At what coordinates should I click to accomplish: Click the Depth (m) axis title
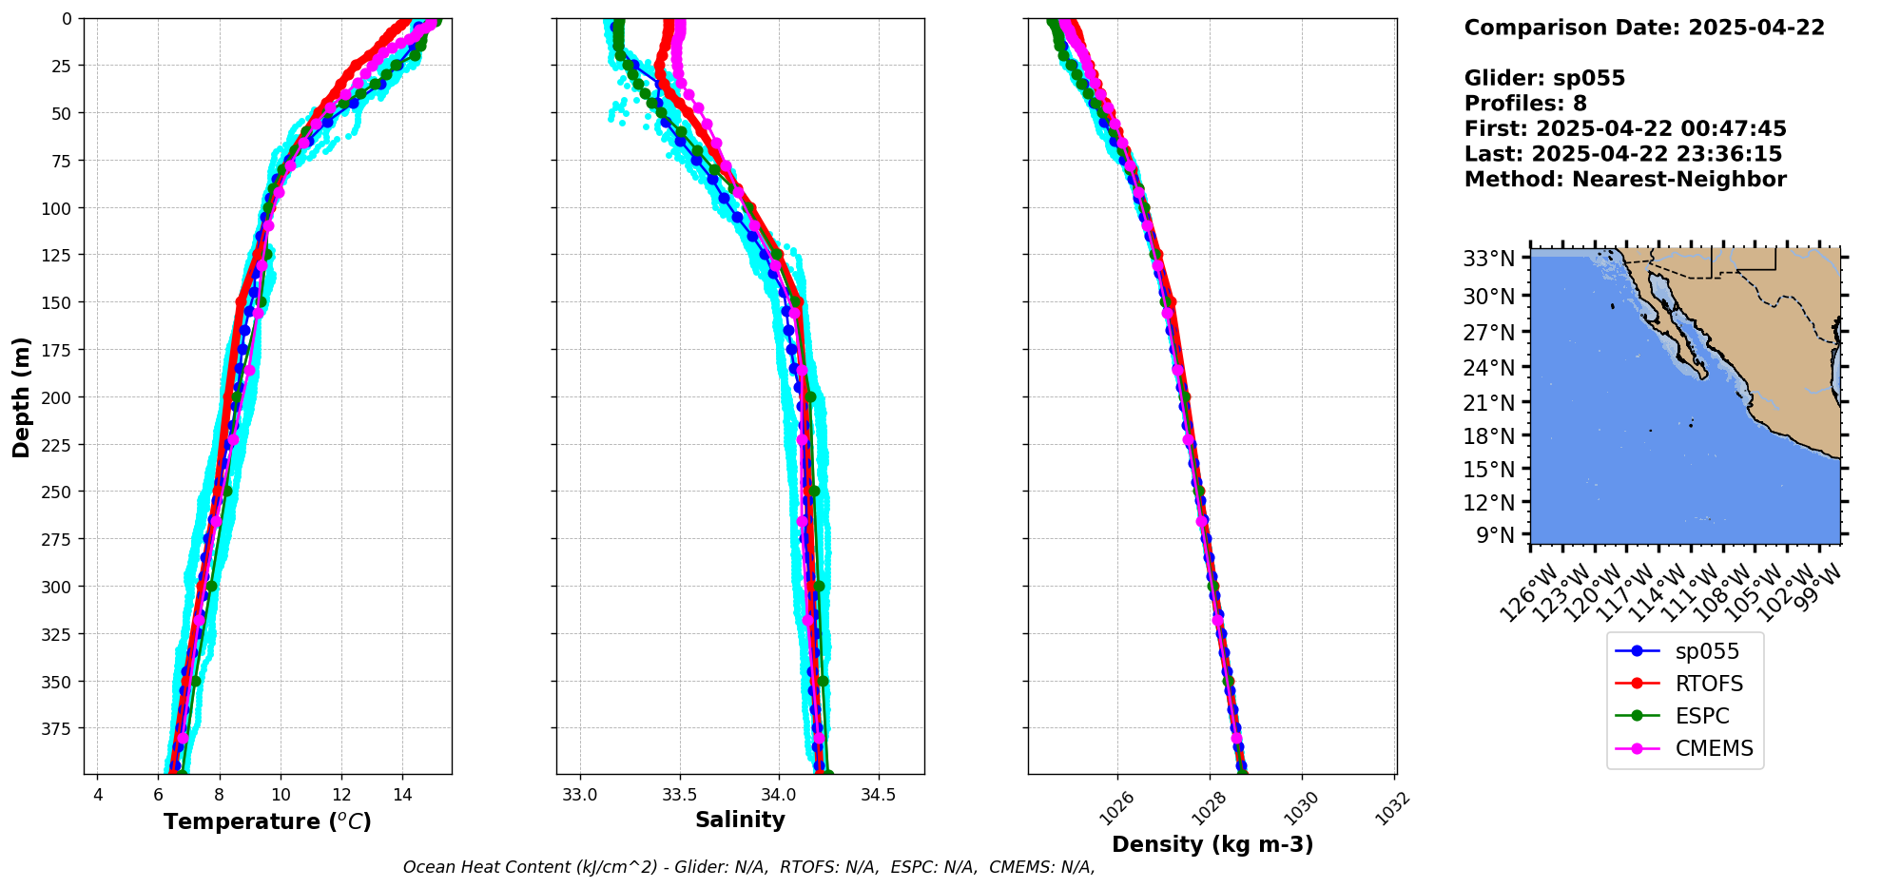tap(22, 396)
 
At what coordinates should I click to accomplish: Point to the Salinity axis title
tap(740, 820)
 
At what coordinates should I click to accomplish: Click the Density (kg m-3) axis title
tap(1212, 844)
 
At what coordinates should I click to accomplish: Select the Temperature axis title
tap(267, 821)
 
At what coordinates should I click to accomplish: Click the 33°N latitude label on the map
tap(1488, 259)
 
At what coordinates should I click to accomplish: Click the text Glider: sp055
tap(1544, 79)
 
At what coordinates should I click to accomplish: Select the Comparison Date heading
tap(1644, 28)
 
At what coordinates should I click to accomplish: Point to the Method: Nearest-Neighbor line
tap(1625, 180)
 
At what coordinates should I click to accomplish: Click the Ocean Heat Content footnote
tap(748, 867)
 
